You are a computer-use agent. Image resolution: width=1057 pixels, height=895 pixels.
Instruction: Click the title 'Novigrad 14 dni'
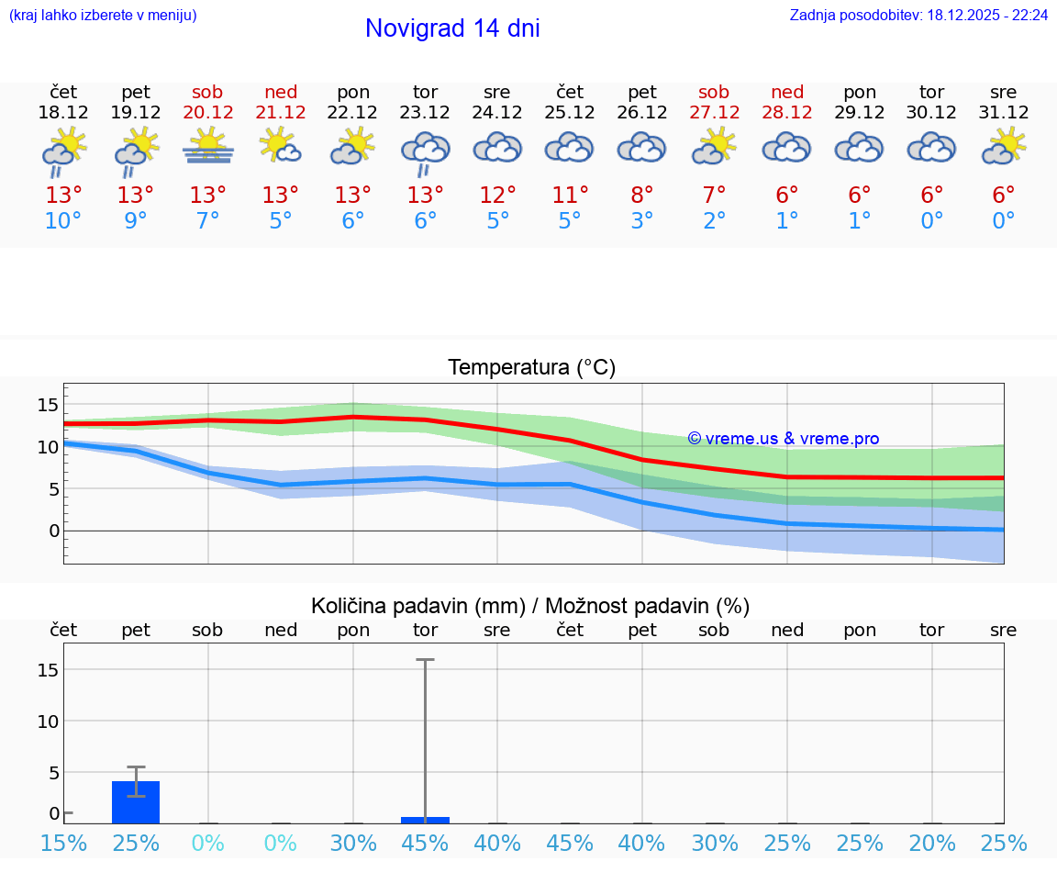[x=452, y=28]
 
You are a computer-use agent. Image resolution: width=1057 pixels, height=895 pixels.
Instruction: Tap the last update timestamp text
[x=918, y=16]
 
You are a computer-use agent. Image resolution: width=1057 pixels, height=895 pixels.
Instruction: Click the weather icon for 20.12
[x=208, y=146]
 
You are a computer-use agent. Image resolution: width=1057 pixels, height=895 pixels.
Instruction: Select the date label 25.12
[x=570, y=113]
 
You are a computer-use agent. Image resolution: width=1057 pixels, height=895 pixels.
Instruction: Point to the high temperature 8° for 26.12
[x=642, y=195]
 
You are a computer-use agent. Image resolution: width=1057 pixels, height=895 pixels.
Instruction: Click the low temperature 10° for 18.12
[x=63, y=220]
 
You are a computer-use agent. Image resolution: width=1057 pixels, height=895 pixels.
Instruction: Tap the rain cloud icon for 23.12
[x=425, y=151]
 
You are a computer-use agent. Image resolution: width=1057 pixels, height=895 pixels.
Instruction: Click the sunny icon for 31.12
[x=1004, y=146]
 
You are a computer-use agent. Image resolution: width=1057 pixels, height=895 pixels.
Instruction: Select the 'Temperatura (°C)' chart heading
[x=531, y=368]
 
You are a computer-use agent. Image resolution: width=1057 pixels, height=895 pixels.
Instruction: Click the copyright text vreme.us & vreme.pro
[x=784, y=439]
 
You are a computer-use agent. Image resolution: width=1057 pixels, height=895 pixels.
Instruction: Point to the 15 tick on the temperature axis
[x=48, y=405]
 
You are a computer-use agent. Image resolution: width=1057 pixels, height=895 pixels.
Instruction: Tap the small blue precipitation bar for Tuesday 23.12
[x=425, y=820]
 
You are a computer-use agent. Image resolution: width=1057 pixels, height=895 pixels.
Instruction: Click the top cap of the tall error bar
[x=425, y=660]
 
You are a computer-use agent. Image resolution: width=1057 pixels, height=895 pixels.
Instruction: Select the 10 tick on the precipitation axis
[x=48, y=722]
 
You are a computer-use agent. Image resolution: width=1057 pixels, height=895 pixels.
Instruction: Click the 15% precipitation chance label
[x=63, y=843]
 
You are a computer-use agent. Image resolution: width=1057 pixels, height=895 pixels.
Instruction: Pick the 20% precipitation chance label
[x=932, y=843]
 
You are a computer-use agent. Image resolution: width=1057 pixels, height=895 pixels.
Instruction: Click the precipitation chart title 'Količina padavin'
[x=417, y=606]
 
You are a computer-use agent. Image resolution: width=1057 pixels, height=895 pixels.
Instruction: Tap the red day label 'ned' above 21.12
[x=281, y=92]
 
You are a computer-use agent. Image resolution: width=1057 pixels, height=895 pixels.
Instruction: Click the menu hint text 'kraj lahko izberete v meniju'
[x=103, y=16]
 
